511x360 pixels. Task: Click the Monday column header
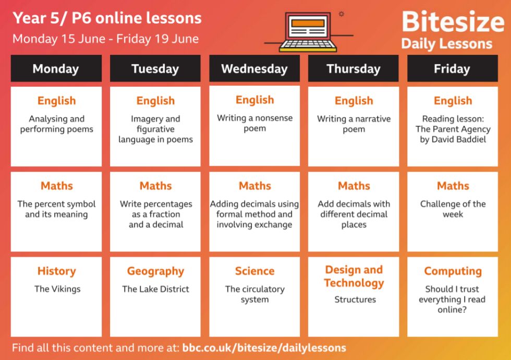(x=56, y=68)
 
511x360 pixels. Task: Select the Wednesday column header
(x=254, y=68)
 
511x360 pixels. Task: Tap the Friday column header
(x=453, y=68)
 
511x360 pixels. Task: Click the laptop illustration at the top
(x=308, y=32)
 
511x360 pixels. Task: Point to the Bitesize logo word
(x=453, y=21)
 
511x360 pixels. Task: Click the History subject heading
(x=57, y=271)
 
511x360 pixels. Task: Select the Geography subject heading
(x=155, y=271)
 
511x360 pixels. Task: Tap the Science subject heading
(x=254, y=271)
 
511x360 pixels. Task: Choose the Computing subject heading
(x=453, y=271)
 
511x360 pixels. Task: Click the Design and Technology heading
(x=354, y=277)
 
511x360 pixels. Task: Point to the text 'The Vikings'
(x=57, y=289)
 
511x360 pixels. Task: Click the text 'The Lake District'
(x=155, y=289)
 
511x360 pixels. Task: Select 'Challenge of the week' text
(x=453, y=209)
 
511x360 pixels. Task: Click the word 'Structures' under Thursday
(x=355, y=299)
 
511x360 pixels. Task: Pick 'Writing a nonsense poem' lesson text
(x=254, y=123)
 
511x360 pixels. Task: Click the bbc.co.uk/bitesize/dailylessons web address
(x=264, y=347)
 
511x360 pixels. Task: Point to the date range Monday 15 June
(x=59, y=39)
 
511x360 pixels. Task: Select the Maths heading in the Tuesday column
(x=155, y=186)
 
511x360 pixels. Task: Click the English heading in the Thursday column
(x=354, y=101)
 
